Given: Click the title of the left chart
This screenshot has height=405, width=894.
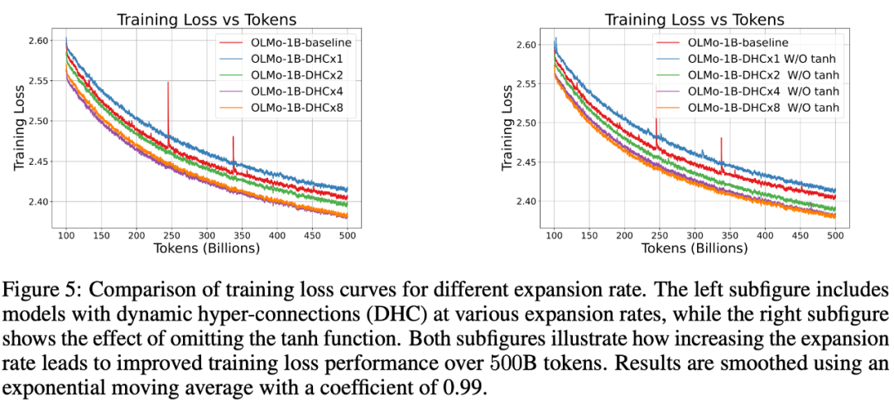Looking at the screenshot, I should coord(208,19).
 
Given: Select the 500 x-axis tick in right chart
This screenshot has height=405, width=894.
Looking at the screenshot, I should coord(836,235).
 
